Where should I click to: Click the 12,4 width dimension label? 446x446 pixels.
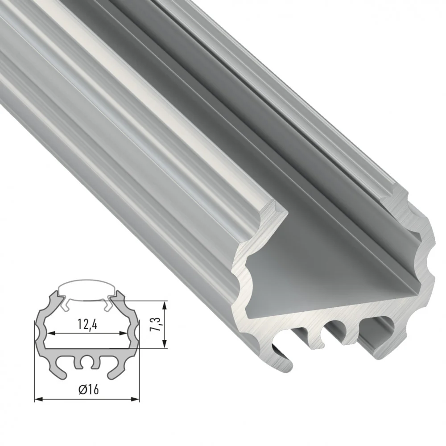87,324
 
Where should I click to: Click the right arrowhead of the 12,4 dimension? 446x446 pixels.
124,333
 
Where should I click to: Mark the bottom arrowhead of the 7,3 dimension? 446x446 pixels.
164,343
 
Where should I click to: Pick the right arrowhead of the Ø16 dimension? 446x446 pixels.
135,399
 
